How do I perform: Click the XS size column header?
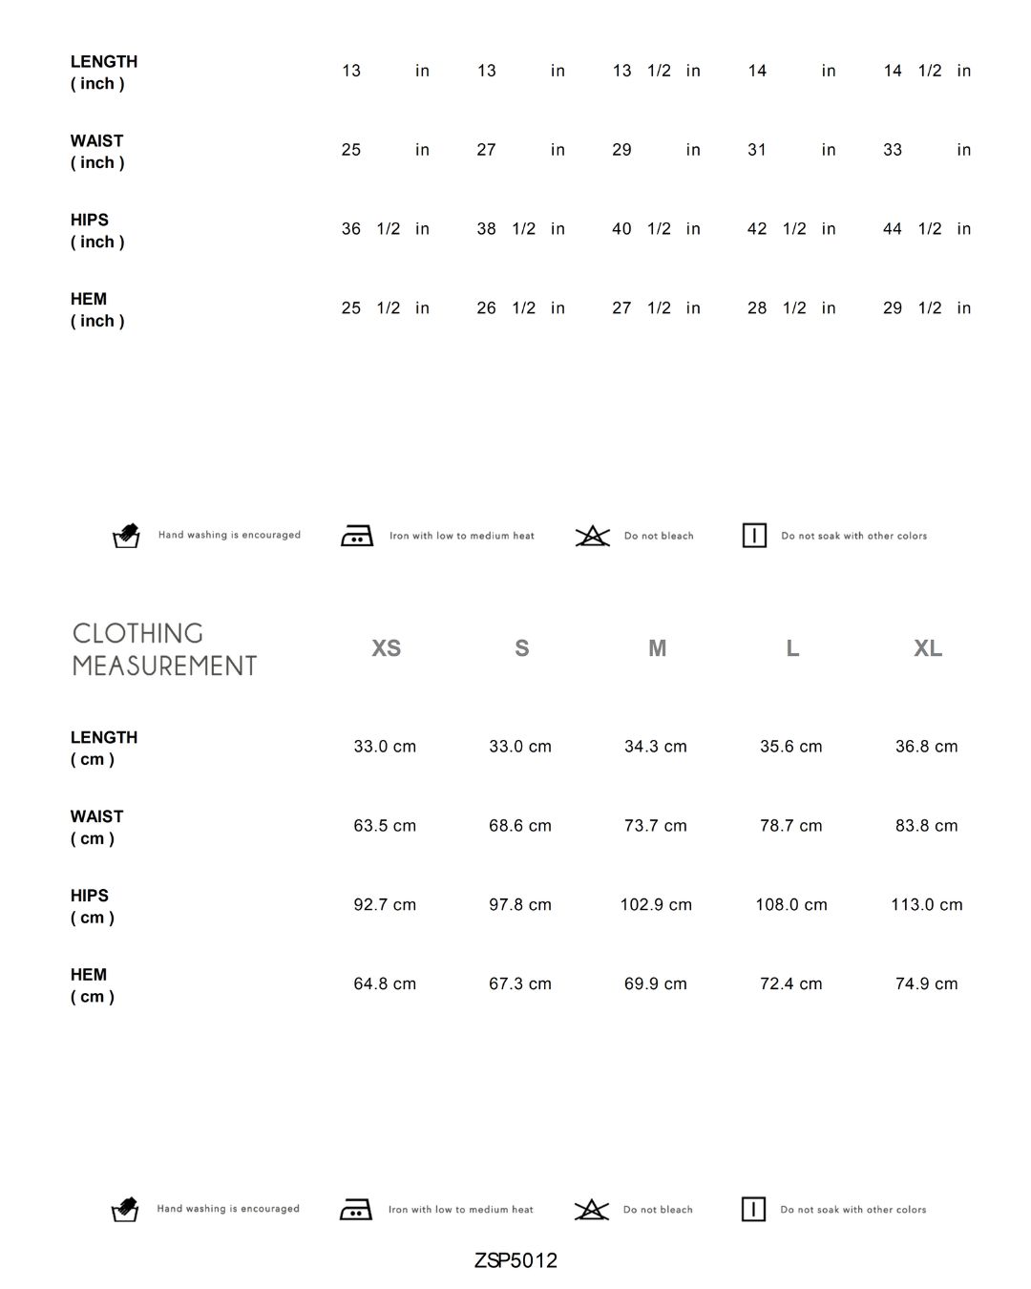point(386,648)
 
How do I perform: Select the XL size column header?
point(928,648)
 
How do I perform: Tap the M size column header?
point(657,648)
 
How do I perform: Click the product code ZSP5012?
point(515,1260)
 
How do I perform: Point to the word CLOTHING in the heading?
point(138,634)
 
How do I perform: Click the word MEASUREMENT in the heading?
point(165,666)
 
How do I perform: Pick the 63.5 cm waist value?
point(385,826)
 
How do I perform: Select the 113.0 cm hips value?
point(926,905)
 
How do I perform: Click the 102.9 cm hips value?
point(656,905)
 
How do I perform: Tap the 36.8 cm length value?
point(926,747)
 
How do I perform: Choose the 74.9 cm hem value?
point(926,984)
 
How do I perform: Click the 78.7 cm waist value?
point(790,826)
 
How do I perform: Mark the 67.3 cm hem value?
point(520,984)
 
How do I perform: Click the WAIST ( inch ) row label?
point(97,152)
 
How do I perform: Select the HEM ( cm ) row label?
point(92,985)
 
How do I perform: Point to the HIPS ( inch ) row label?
point(97,231)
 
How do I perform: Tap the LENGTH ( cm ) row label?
point(103,749)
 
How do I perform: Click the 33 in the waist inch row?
point(893,150)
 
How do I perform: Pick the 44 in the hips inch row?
point(893,229)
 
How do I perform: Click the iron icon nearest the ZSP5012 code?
point(356,1210)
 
